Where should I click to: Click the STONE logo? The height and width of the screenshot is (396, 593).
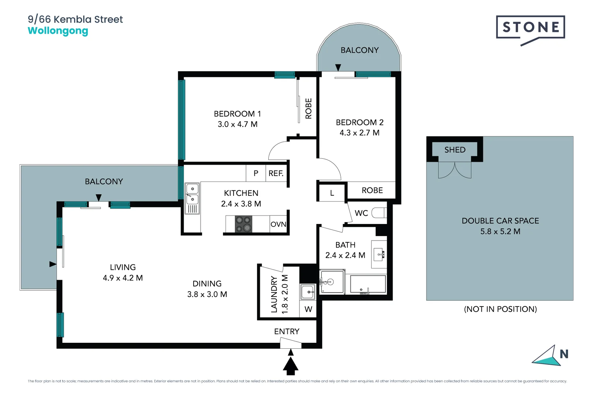click(530, 30)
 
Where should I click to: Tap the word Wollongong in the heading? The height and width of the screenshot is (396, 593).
click(58, 31)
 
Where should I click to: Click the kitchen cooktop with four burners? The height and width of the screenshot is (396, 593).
click(243, 224)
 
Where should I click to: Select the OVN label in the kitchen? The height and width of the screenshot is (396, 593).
click(278, 224)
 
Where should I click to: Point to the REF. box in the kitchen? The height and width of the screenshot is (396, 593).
click(276, 173)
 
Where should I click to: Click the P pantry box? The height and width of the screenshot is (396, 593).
click(256, 173)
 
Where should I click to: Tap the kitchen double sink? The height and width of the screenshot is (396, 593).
click(192, 198)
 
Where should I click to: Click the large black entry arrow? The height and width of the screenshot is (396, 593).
click(291, 366)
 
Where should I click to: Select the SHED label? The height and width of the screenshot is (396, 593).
click(455, 150)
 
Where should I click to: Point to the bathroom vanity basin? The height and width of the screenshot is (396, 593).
click(379, 254)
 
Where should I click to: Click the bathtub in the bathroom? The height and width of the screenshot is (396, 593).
click(368, 284)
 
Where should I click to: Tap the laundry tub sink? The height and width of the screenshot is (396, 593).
click(307, 292)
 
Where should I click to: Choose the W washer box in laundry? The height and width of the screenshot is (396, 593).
click(308, 309)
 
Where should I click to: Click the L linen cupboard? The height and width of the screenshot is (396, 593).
click(332, 192)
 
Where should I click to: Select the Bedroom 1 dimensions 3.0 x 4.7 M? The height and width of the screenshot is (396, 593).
click(238, 124)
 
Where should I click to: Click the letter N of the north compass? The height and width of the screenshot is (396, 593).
click(564, 354)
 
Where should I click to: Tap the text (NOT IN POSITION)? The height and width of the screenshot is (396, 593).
click(500, 309)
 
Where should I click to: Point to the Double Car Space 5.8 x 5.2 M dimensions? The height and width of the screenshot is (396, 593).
click(500, 231)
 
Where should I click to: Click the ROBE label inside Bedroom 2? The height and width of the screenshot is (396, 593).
click(372, 190)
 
